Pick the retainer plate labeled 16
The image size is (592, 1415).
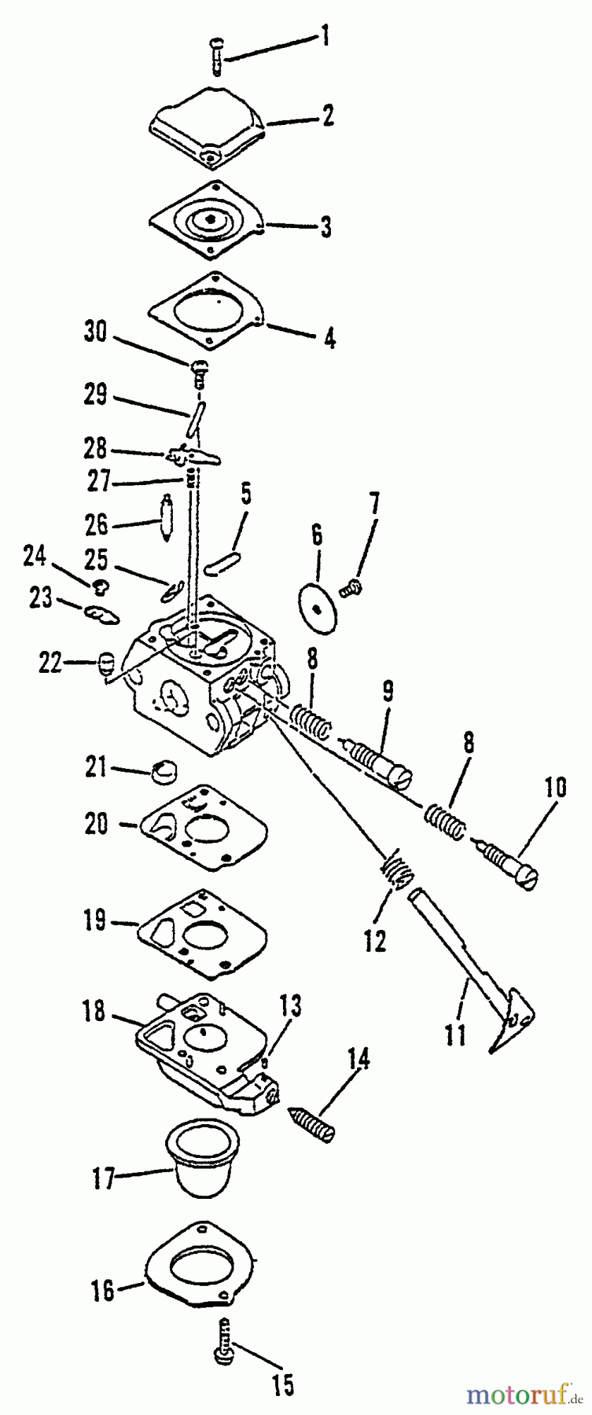tap(208, 1270)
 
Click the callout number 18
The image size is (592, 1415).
tap(93, 1009)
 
